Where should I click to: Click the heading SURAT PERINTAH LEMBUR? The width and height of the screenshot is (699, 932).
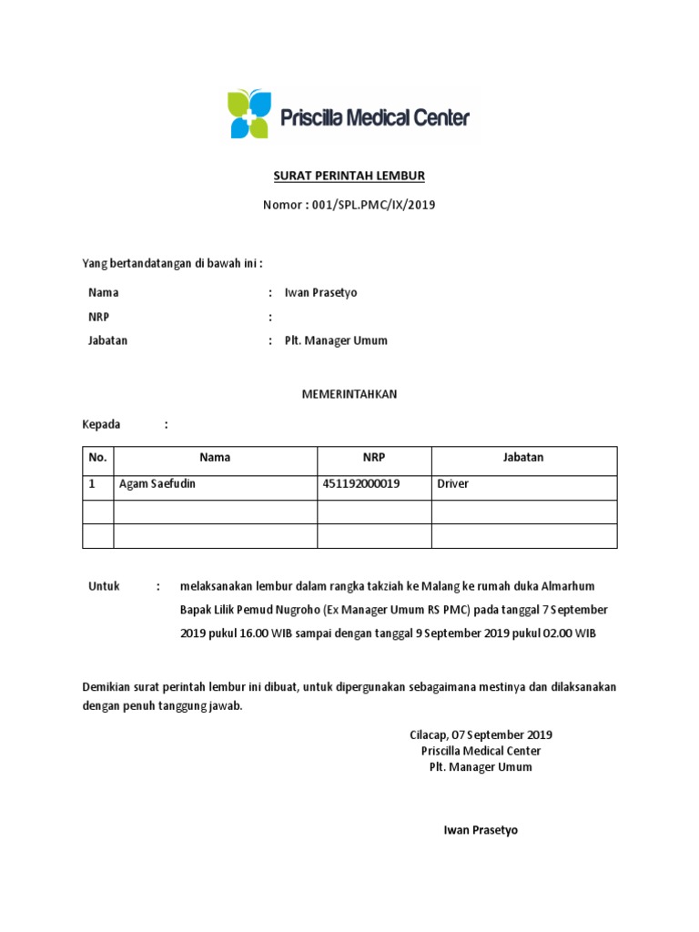[x=349, y=176]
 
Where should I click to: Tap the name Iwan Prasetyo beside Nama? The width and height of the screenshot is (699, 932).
[x=321, y=293]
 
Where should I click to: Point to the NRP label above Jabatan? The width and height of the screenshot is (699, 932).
[x=99, y=317]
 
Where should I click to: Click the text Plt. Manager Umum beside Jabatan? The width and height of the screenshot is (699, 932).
[x=336, y=340]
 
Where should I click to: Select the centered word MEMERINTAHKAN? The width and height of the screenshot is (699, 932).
[x=349, y=394]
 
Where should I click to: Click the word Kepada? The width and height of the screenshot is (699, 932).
[x=102, y=424]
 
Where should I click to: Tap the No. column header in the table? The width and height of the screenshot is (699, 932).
[x=97, y=458]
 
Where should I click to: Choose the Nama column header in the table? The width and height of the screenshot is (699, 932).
[x=215, y=458]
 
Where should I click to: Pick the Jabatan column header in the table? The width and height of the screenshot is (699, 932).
[x=523, y=458]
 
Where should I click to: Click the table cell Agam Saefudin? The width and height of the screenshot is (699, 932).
[x=157, y=484]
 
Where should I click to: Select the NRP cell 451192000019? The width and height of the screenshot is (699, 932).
[x=361, y=484]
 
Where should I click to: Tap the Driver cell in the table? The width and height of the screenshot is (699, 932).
[x=453, y=484]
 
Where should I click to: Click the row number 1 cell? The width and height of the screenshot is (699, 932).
[x=92, y=484]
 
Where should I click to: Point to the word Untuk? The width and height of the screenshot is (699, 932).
[x=104, y=586]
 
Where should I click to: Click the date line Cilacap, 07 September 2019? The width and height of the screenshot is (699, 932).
[x=481, y=734]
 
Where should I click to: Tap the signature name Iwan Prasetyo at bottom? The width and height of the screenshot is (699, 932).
[x=481, y=830]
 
